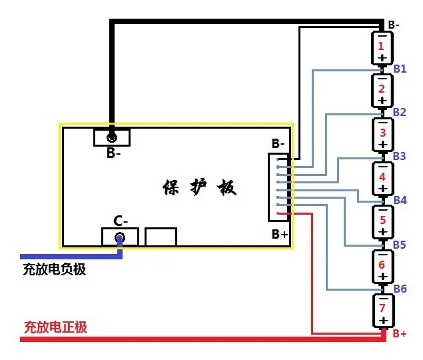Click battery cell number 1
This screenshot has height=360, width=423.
click(382, 47)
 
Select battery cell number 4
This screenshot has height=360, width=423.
click(382, 178)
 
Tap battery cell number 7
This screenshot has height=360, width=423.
click(382, 309)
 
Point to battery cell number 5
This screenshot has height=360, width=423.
click(382, 221)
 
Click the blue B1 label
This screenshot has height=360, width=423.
click(400, 69)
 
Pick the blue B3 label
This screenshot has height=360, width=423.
click(400, 156)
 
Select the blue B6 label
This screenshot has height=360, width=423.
click(400, 289)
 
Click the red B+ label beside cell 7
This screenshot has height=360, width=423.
click(400, 333)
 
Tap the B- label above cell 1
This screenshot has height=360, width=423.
click(394, 25)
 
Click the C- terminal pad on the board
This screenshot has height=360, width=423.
click(120, 237)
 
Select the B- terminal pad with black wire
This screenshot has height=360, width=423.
click(112, 137)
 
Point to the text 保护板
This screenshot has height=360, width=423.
click(199, 187)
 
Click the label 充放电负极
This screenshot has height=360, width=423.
click(55, 270)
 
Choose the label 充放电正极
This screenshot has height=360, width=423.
click(55, 327)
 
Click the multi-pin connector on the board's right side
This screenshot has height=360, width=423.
click(278, 187)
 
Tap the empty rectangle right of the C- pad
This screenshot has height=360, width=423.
click(161, 237)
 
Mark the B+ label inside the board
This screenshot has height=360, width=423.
click(280, 234)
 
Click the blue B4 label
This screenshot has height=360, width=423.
click(400, 200)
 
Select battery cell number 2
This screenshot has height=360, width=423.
click(382, 91)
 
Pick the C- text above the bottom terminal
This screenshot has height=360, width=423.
click(120, 221)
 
